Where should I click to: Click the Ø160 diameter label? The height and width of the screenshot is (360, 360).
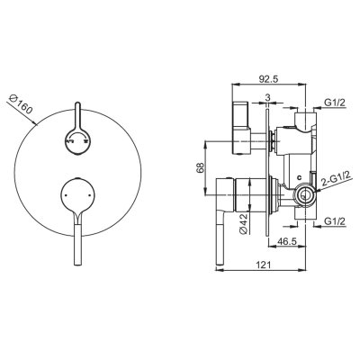21,104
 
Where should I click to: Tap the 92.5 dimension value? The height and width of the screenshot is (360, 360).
269,79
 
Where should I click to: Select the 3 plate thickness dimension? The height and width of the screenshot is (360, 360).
267,97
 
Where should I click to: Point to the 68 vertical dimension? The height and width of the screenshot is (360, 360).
201,167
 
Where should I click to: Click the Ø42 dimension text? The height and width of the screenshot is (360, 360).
244,222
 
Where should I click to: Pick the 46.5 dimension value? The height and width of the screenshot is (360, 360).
286,241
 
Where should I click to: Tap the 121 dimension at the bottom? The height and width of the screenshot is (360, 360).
264,265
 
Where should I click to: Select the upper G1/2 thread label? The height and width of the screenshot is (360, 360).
335,103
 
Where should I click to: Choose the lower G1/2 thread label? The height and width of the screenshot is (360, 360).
335,221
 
